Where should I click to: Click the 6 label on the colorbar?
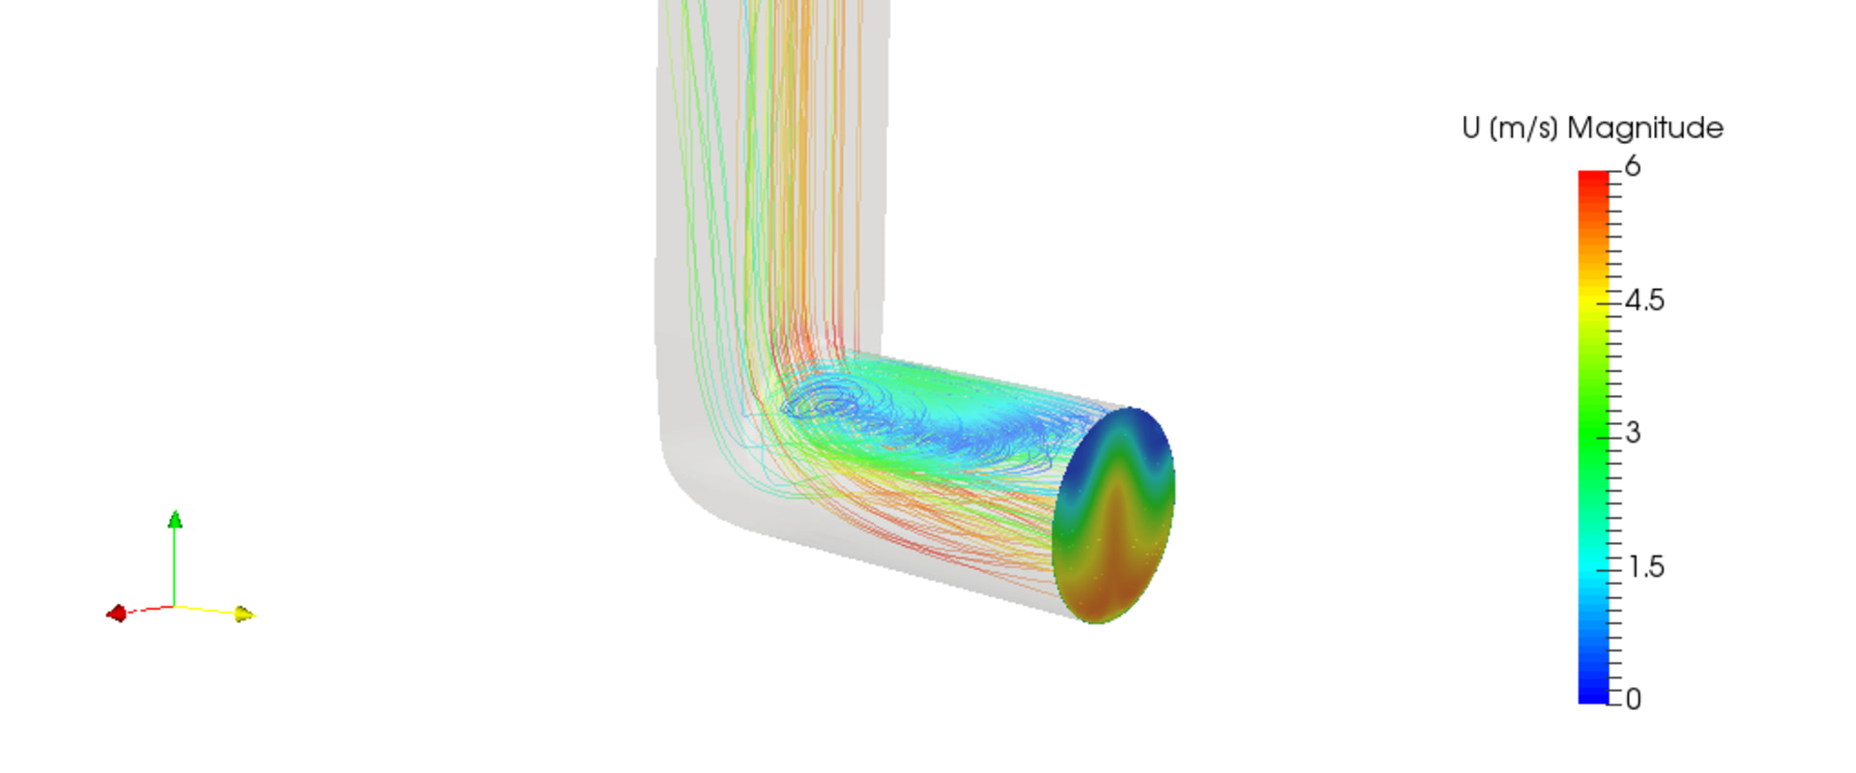coord(1633,166)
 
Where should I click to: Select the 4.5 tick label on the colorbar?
coord(1644,301)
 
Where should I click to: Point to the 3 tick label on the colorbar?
coord(1633,433)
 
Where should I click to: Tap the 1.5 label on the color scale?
coord(1645,566)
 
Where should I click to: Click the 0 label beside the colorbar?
coord(1633,699)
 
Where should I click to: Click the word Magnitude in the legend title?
coord(1644,128)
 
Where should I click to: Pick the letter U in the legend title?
coord(1471,128)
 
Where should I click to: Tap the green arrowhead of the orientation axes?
coord(175,520)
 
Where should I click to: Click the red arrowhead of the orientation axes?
coord(116,614)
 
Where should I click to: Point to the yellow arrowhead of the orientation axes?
coord(245,614)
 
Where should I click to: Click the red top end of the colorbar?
coord(1593,180)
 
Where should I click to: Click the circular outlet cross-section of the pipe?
coord(1114,515)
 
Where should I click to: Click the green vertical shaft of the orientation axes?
coord(175,565)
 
